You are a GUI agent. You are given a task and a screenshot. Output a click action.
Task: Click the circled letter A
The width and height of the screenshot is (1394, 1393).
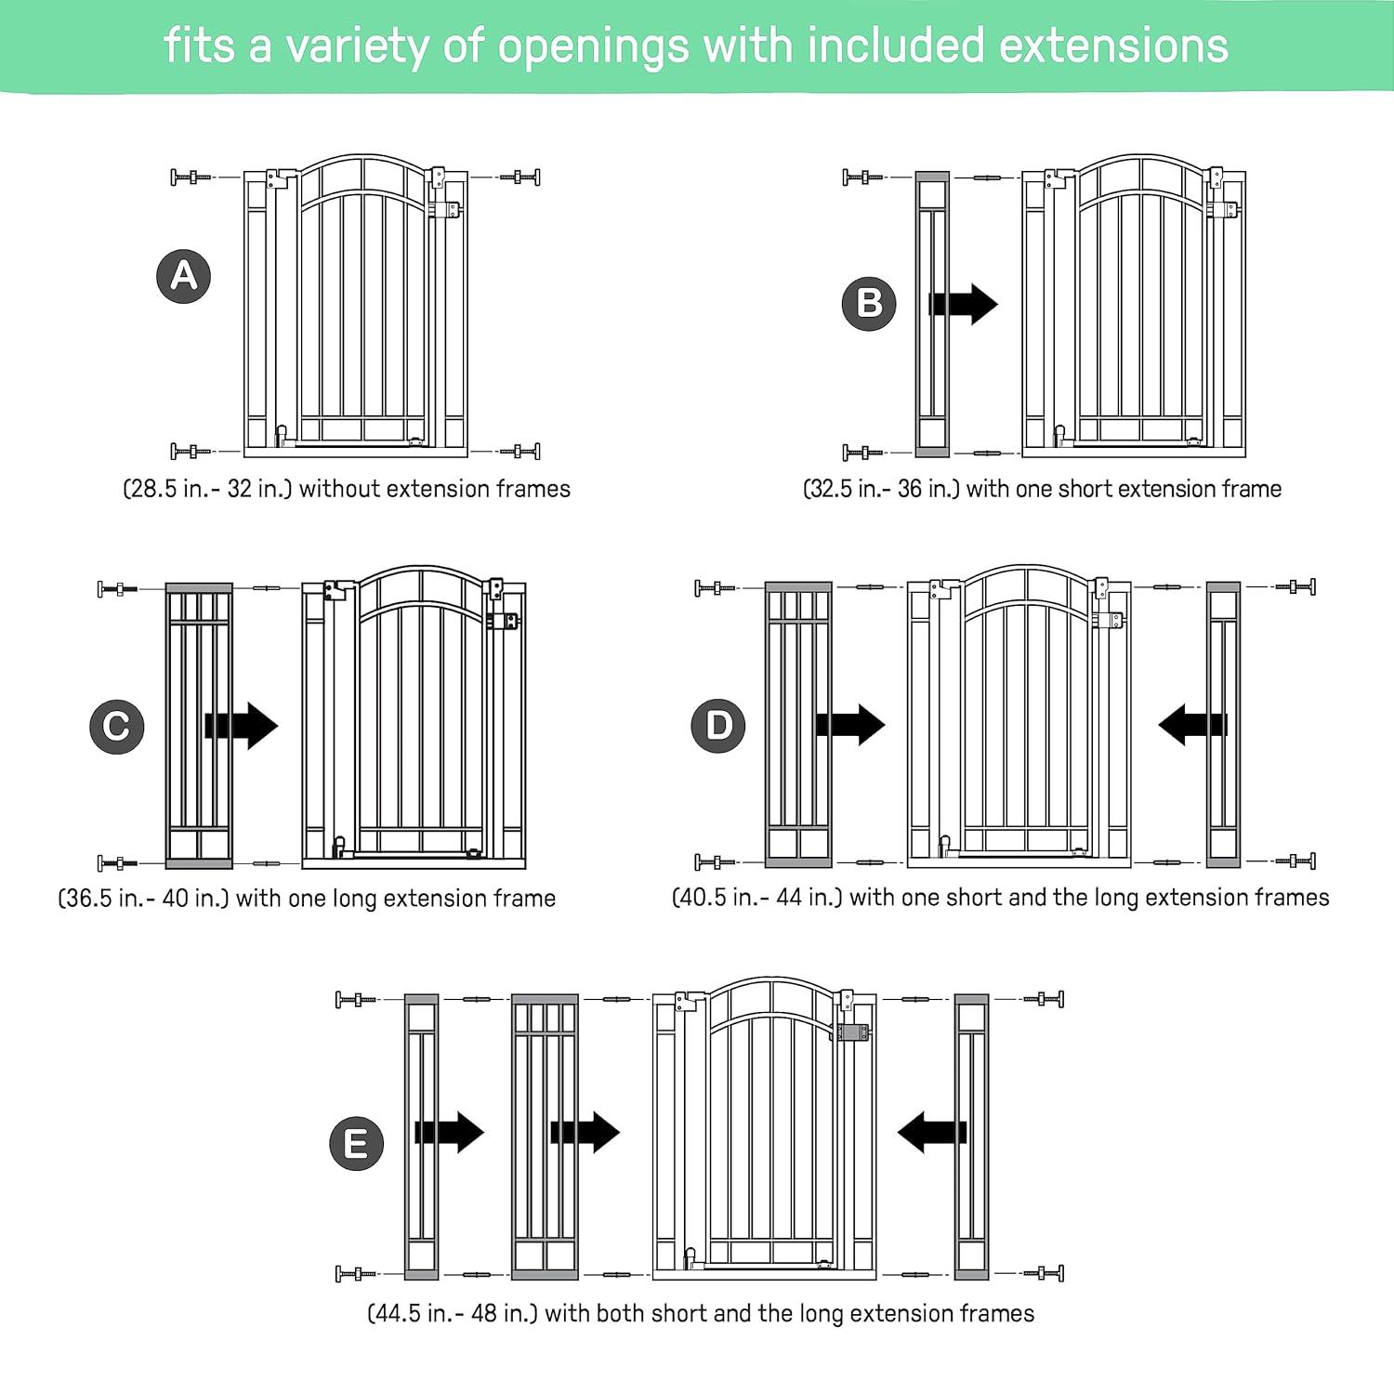[184, 276]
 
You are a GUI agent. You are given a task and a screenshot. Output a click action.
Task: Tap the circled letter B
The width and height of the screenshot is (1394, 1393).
[869, 303]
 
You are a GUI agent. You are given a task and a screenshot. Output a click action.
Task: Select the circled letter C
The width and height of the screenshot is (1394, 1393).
[117, 726]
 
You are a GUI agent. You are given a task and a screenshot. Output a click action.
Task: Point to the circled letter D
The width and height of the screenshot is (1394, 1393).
[718, 725]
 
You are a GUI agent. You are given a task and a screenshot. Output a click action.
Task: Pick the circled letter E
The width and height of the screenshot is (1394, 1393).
[357, 1143]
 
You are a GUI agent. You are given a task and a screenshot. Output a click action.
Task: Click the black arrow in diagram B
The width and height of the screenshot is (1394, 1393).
[964, 303]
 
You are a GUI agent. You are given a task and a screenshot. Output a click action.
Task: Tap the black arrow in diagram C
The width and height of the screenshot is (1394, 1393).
[242, 725]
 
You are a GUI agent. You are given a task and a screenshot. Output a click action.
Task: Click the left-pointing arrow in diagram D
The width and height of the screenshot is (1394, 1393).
[1193, 724]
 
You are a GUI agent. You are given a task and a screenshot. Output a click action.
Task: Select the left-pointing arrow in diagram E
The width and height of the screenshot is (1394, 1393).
[932, 1132]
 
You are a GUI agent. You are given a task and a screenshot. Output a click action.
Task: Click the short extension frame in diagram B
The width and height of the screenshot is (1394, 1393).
[932, 313]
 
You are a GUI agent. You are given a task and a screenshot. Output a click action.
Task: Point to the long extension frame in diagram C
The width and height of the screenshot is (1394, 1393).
[199, 726]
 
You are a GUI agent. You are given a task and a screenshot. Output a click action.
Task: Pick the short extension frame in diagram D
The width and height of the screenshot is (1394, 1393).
[1223, 725]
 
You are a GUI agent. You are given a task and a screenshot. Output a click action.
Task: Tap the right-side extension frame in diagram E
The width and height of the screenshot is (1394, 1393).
[972, 1137]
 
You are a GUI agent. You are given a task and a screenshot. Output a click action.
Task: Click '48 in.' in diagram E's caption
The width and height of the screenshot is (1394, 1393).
[503, 1313]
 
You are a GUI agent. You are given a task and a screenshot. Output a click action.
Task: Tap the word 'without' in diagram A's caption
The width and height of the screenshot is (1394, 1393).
[337, 489]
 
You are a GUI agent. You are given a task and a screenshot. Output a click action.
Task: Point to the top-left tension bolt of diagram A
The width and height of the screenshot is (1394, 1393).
[190, 177]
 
